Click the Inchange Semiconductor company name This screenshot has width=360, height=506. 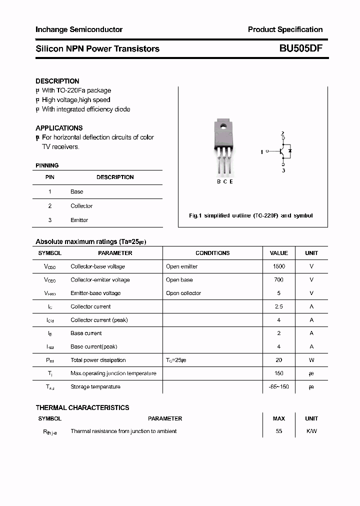click(x=79, y=29)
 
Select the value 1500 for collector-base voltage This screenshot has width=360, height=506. click(x=278, y=266)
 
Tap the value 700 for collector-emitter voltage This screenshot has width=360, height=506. click(x=278, y=280)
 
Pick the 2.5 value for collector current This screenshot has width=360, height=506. click(x=278, y=306)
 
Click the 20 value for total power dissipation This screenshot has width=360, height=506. click(x=278, y=360)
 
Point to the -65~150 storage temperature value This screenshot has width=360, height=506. click(x=278, y=386)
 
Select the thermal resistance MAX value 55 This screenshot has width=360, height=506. click(x=278, y=431)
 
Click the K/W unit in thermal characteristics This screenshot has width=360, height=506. click(x=311, y=431)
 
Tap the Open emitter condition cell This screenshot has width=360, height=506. click(x=182, y=266)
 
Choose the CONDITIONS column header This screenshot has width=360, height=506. click(x=212, y=253)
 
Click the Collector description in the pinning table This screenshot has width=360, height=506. click(x=81, y=206)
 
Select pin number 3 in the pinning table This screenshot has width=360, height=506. click(x=50, y=220)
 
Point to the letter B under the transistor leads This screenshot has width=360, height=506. click(x=219, y=181)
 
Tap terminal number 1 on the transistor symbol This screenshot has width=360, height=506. click(x=261, y=151)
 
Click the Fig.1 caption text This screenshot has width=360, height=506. click(x=250, y=215)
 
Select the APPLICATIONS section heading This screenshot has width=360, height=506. click(x=59, y=128)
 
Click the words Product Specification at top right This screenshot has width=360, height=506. click(x=285, y=29)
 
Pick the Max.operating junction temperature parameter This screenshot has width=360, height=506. click(x=113, y=373)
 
